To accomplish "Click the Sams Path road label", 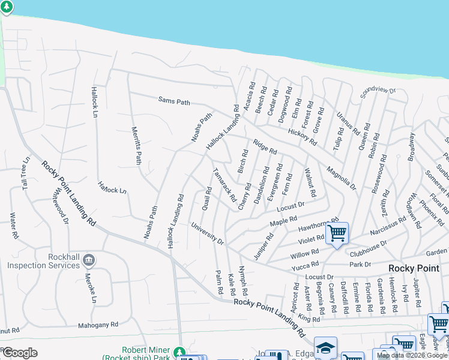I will pos(174,102).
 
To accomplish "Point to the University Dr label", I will pos(207,234).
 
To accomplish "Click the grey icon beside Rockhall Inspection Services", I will pos(88,260).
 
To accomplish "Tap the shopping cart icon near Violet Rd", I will pos(337,232).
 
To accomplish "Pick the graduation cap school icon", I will pos(325,347).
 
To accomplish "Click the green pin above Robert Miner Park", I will pos(178,352).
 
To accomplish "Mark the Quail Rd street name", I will pos(208,199).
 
